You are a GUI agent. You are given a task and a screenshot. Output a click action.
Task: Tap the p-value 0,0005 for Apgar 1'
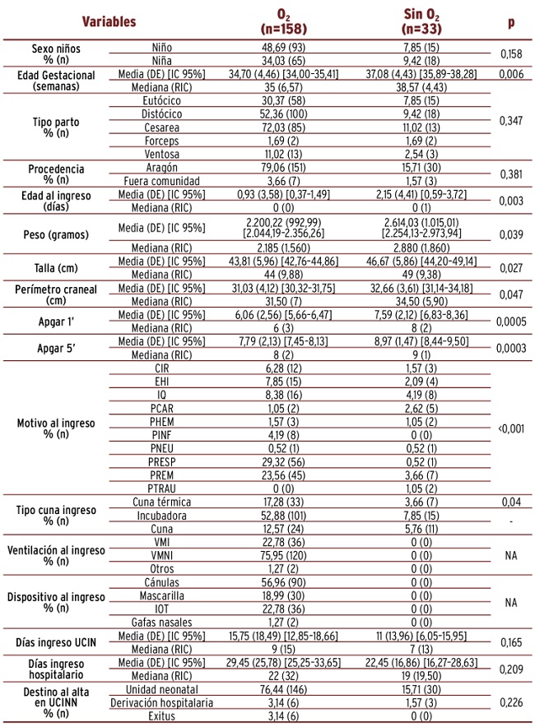click(510, 321)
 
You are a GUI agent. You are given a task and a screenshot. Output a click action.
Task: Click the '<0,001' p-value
click(510, 428)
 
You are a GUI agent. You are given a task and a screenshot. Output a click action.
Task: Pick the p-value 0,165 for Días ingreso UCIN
click(510, 641)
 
